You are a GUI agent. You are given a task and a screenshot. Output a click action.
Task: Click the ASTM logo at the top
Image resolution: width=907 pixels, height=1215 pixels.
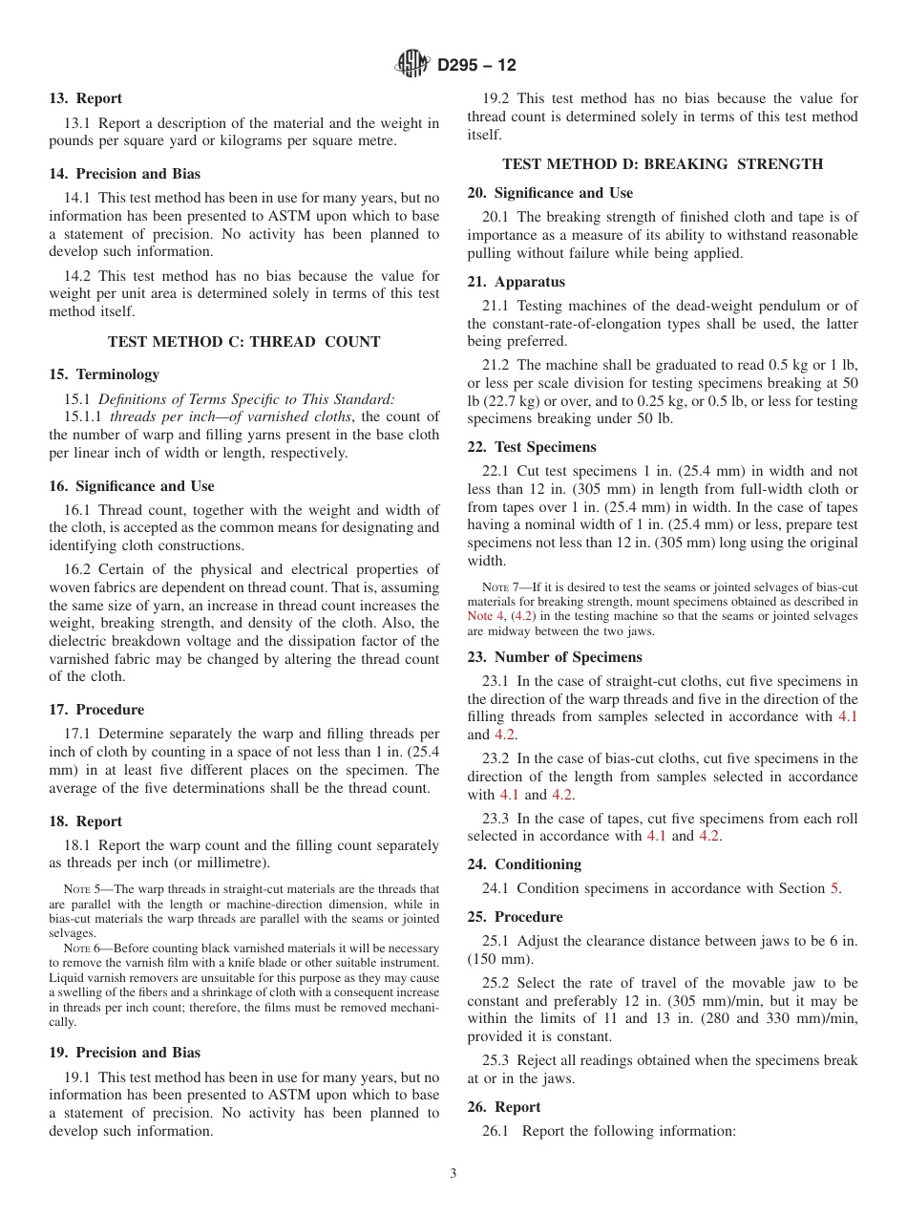(412, 65)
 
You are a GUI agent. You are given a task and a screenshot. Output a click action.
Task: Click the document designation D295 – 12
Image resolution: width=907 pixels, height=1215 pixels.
(476, 66)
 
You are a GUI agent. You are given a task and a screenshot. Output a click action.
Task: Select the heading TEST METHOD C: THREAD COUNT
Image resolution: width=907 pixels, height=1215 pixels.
(244, 341)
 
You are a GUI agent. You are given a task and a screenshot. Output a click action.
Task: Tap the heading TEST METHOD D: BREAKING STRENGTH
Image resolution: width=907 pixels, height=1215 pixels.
(663, 164)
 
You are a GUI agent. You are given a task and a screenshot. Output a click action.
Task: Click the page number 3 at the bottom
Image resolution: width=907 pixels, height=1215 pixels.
(453, 1174)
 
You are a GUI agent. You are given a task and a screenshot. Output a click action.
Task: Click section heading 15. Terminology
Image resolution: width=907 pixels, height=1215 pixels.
(104, 374)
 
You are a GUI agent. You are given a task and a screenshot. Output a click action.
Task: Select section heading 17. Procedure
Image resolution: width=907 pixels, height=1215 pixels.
(96, 710)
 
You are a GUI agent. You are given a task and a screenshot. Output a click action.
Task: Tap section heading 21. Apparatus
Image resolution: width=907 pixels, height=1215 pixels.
(516, 282)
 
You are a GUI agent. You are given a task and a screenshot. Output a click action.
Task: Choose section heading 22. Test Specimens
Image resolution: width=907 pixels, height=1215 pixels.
(532, 447)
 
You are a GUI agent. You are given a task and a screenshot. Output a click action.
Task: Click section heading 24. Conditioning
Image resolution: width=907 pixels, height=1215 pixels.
(524, 864)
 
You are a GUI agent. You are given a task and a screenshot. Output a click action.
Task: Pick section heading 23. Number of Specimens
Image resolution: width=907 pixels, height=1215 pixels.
(555, 657)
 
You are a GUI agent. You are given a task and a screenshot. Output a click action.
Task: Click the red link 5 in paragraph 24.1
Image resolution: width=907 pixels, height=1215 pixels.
(834, 888)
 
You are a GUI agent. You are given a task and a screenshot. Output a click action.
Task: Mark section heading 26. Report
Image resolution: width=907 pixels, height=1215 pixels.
(503, 1107)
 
